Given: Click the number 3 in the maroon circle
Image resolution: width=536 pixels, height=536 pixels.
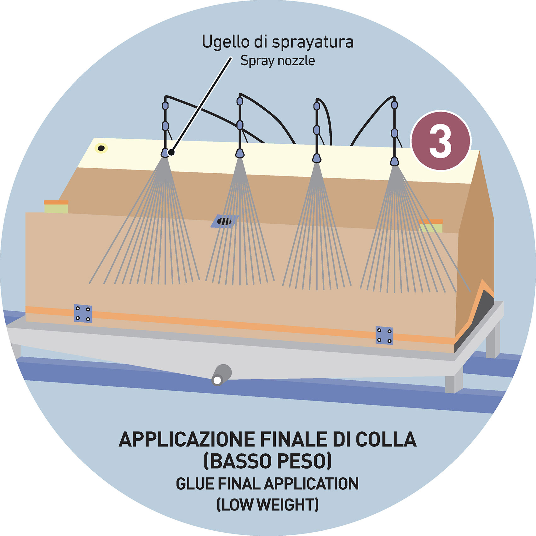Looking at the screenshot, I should [x=440, y=141].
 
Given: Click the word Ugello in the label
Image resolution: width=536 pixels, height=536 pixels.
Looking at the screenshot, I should [x=226, y=42].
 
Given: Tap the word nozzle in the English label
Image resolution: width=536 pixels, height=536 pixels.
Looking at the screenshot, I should [x=296, y=61].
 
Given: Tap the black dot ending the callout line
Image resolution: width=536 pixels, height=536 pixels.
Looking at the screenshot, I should [x=171, y=153].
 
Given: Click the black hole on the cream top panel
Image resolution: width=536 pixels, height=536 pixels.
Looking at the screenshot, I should [x=101, y=148].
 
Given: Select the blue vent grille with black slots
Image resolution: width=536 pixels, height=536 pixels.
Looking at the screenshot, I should [x=224, y=221].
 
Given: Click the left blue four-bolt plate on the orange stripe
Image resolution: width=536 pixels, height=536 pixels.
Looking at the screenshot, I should [x=83, y=314].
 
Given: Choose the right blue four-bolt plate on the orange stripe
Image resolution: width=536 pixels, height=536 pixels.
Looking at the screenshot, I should [x=384, y=336].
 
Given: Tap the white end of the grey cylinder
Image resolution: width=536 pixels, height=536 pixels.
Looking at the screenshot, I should [x=217, y=380].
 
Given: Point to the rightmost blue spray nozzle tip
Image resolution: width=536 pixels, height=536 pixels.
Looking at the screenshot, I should [x=394, y=161].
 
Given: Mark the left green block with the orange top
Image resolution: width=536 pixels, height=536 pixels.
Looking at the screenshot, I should [x=56, y=207].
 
